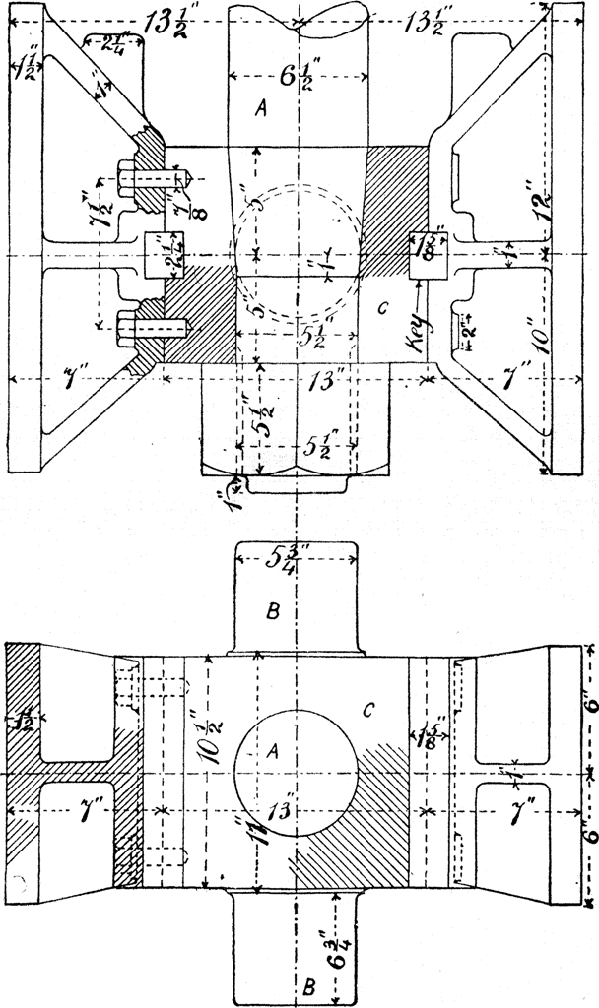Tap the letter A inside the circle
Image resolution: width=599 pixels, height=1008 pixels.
[x=273, y=750]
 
